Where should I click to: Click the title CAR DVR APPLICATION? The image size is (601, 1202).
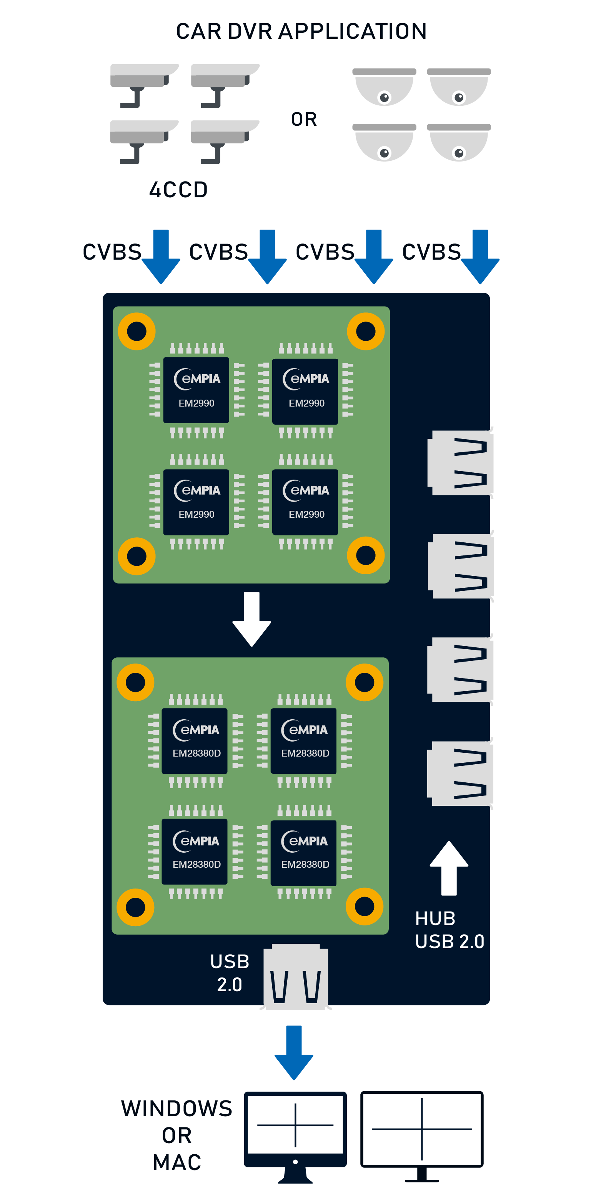point(301,31)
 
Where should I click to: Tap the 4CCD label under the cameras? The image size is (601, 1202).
point(178,190)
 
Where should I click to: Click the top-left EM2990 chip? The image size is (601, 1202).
point(196,390)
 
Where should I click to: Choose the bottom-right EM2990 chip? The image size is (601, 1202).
point(305,502)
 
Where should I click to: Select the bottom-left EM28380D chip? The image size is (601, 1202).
point(195,852)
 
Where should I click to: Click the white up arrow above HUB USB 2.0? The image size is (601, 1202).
point(449,868)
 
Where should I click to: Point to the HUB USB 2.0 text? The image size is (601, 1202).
point(449,930)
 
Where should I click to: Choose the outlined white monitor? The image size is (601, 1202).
point(422,1134)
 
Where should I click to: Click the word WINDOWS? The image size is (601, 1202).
point(176,1109)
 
